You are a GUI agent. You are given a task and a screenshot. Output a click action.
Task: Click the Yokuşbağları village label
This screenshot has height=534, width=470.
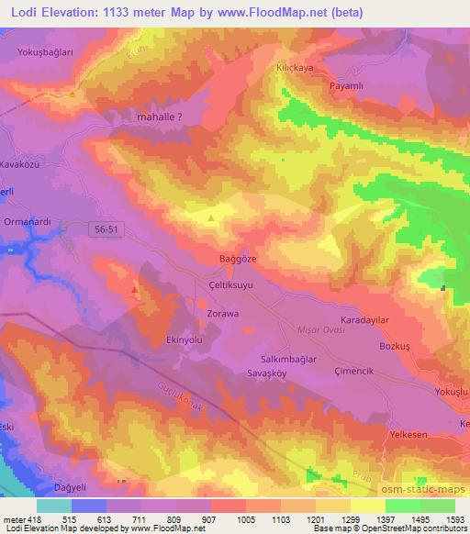44,52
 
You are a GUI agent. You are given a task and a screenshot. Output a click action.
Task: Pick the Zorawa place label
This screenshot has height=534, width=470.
222,314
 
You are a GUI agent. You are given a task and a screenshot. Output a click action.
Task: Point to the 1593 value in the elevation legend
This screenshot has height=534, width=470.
453,520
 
